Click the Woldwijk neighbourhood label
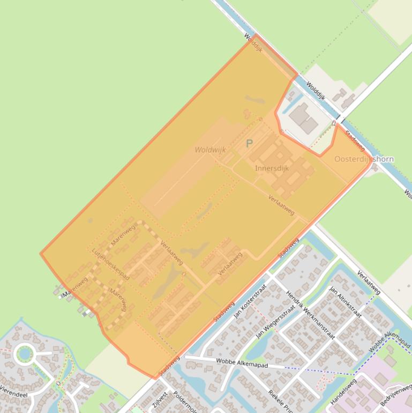click(x=211, y=150)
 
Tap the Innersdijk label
click(x=272, y=168)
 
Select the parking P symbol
click(x=249, y=144)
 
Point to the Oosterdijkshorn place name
click(x=364, y=159)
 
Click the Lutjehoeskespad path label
click(x=110, y=263)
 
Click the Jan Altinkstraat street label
click(x=344, y=302)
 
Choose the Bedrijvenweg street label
click(x=394, y=395)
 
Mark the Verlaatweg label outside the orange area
click(x=369, y=282)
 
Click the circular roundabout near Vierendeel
click(x=24, y=353)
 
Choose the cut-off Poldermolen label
click(x=186, y=403)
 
